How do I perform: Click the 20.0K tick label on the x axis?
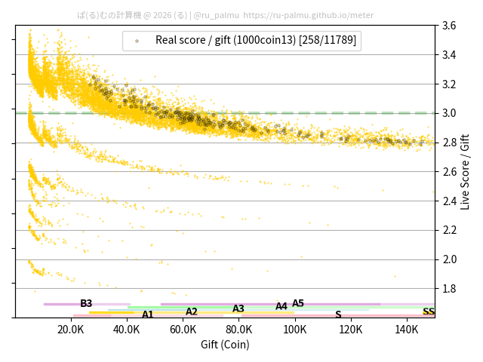(x=71, y=330)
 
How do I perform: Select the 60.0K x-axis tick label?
(x=183, y=330)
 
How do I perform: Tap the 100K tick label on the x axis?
(x=295, y=330)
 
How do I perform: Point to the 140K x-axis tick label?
(x=407, y=330)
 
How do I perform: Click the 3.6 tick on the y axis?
(x=448, y=26)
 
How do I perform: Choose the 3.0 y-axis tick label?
(x=448, y=113)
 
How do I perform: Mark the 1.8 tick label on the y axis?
(x=448, y=289)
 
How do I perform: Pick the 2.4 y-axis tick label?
(x=448, y=201)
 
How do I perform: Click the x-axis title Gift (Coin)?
(x=225, y=345)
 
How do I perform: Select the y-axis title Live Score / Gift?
(x=466, y=171)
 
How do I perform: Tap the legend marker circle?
(x=137, y=41)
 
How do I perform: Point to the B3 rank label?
(x=86, y=303)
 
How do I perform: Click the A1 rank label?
(x=148, y=314)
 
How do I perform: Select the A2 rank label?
(x=192, y=311)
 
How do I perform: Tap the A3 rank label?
(x=238, y=308)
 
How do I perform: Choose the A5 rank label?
(x=298, y=303)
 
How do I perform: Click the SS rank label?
(x=429, y=311)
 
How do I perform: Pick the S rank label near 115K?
(x=338, y=314)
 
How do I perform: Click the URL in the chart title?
(x=309, y=14)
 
